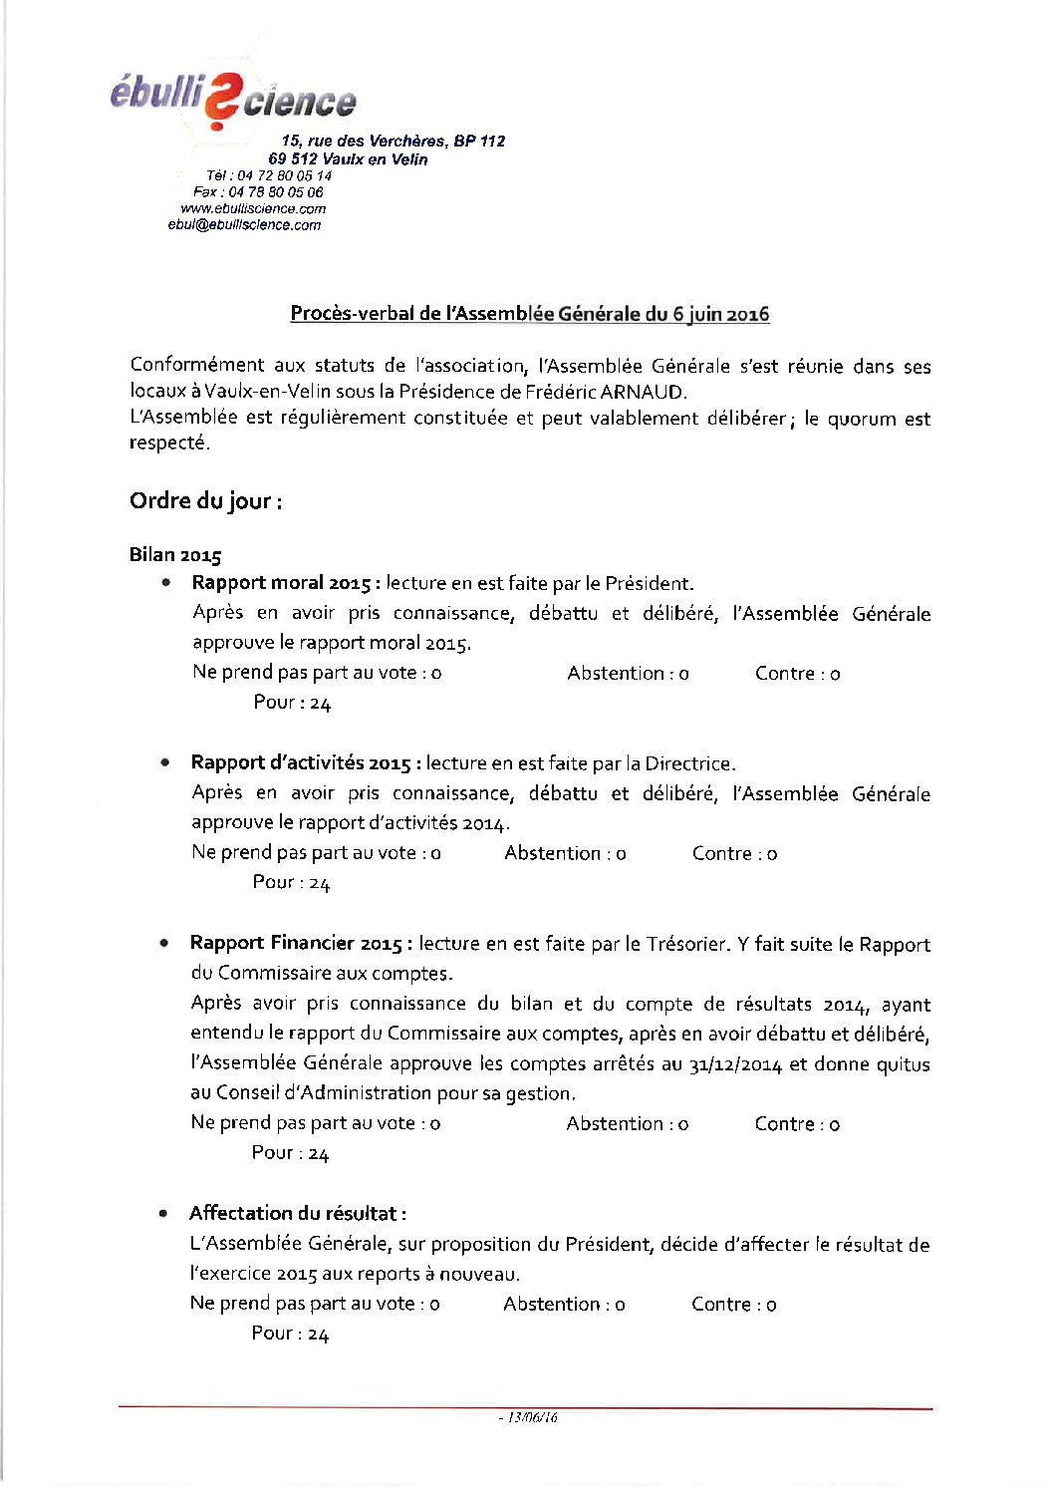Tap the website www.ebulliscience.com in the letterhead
point(253,208)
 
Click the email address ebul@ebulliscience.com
point(244,225)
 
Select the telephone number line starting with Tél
point(269,175)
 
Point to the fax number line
point(258,192)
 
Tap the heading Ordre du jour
point(205,500)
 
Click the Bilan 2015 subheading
point(175,555)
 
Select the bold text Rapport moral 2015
point(282,583)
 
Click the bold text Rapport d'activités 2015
point(300,763)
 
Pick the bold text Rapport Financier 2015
point(297,943)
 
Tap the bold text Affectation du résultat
point(297,1213)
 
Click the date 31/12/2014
point(734,1064)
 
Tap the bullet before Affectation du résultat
point(162,1214)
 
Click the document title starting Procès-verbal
point(529,314)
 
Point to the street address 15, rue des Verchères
point(393,142)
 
